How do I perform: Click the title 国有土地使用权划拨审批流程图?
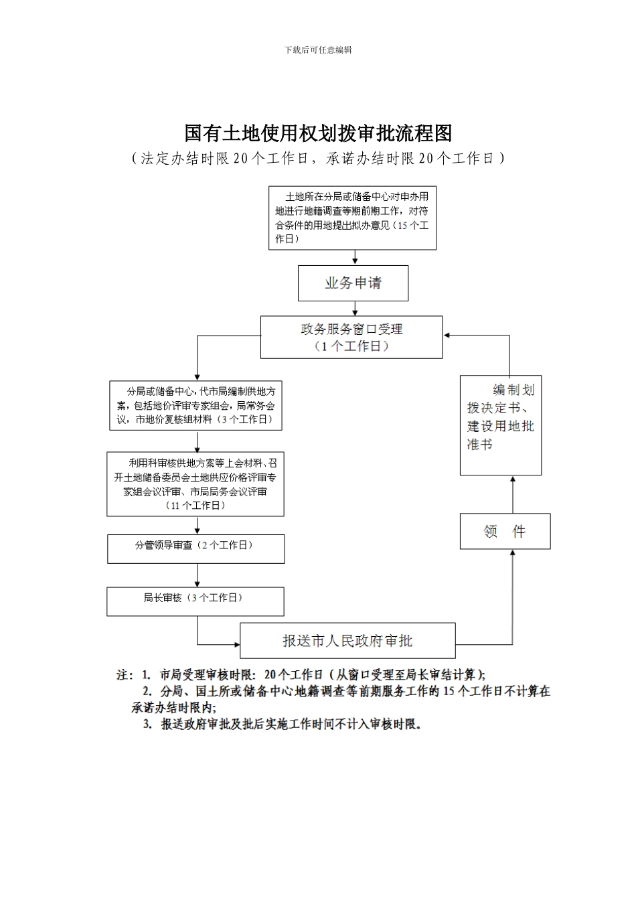point(318,133)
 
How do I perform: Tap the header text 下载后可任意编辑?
point(318,50)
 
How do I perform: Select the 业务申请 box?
point(353,283)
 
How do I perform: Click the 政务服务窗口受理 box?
point(351,337)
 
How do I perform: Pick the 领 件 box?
point(505,532)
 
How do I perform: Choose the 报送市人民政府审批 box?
point(347,641)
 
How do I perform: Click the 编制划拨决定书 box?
point(500,425)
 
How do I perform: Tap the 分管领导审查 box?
point(195,548)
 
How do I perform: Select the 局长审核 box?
point(195,601)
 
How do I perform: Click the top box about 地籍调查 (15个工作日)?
point(352,218)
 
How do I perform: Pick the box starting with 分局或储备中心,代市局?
point(195,406)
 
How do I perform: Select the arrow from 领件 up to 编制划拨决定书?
point(513,494)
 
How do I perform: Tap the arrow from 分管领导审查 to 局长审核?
point(197,575)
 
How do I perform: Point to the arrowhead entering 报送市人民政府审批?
point(236,645)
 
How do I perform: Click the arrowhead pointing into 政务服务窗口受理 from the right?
point(447,335)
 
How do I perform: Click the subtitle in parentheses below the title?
point(318,158)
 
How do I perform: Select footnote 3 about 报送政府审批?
point(284,724)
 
